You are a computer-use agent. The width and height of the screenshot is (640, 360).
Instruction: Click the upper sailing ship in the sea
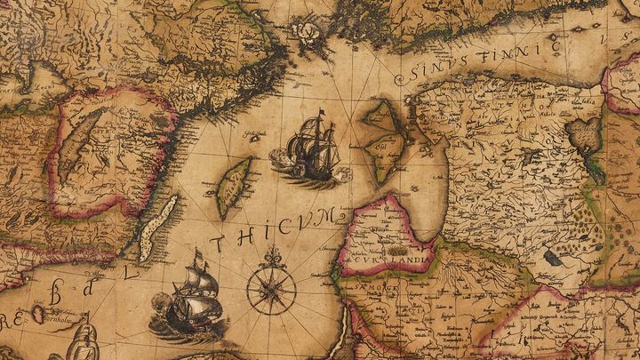point(311,148)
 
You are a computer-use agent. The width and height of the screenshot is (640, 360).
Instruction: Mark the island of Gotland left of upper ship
point(234,188)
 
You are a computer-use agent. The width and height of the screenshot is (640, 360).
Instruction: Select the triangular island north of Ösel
point(380,115)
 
